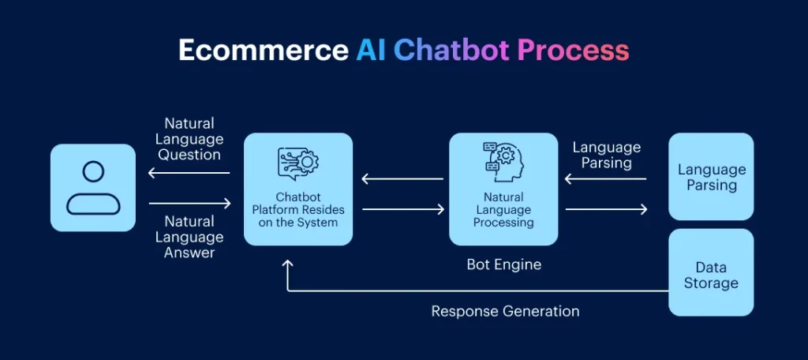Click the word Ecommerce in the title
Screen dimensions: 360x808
tap(263, 51)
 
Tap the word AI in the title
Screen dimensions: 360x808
tap(371, 51)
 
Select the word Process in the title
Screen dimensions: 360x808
tap(573, 51)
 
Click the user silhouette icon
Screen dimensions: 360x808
tap(93, 188)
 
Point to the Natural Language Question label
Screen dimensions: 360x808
tap(189, 139)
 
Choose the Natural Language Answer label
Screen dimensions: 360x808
tap(189, 237)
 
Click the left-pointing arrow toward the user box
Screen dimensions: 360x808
tap(189, 173)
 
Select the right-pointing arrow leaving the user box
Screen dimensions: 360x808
tap(189, 204)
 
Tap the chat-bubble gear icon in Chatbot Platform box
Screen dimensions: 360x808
tap(297, 163)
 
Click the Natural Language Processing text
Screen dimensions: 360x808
tap(503, 209)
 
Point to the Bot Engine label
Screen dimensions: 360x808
tap(503, 264)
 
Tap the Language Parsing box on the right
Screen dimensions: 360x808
tap(711, 177)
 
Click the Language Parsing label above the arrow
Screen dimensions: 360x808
tap(606, 155)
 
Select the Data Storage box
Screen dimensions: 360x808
tap(711, 275)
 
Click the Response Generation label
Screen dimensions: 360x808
tap(505, 311)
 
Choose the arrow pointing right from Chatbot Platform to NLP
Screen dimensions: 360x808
tap(403, 209)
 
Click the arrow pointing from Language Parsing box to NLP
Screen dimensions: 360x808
tap(606, 179)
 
